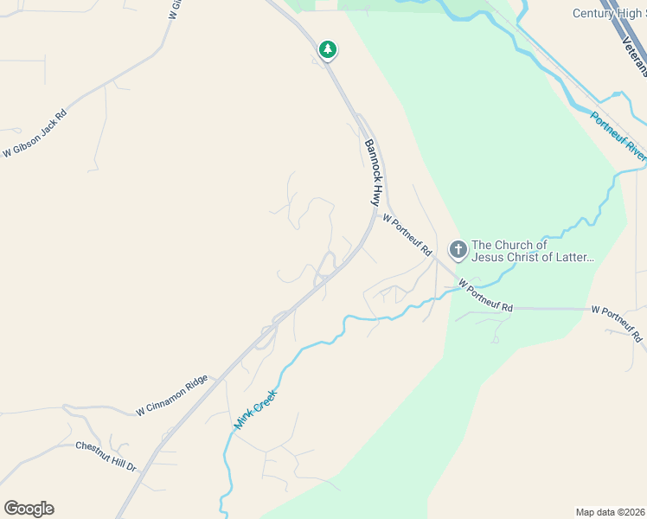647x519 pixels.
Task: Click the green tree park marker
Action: (327, 49)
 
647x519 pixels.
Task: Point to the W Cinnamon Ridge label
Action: (171, 396)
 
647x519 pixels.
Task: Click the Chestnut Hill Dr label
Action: (106, 456)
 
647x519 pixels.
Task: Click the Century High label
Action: (609, 13)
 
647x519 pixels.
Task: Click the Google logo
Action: (29, 508)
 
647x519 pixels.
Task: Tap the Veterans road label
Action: (633, 54)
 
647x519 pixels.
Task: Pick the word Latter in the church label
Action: (575, 257)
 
